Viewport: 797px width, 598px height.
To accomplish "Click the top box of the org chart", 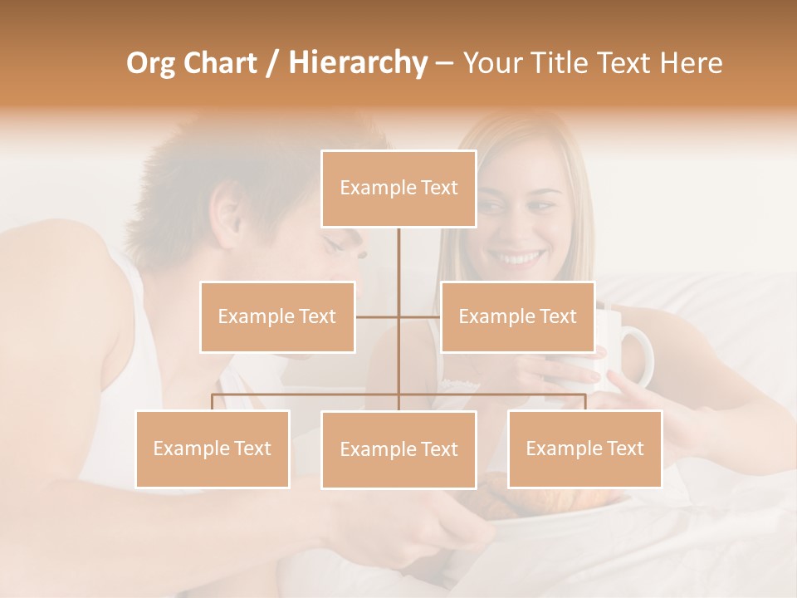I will (398, 189).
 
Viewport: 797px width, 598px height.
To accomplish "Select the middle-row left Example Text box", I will (277, 316).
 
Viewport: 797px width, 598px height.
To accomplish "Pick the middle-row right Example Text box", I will (517, 316).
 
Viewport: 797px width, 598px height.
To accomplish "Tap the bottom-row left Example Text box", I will (213, 448).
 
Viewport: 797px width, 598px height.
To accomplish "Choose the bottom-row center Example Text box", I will (398, 449).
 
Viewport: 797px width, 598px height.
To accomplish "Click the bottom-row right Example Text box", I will (584, 448).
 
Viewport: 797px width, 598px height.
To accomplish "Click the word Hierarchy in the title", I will (357, 63).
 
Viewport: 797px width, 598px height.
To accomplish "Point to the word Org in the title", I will (152, 63).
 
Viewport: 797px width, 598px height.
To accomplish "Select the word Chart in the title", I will (220, 63).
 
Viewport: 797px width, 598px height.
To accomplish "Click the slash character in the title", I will (272, 63).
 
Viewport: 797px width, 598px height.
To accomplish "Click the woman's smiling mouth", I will (520, 258).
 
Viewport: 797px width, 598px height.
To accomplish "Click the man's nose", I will (359, 249).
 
